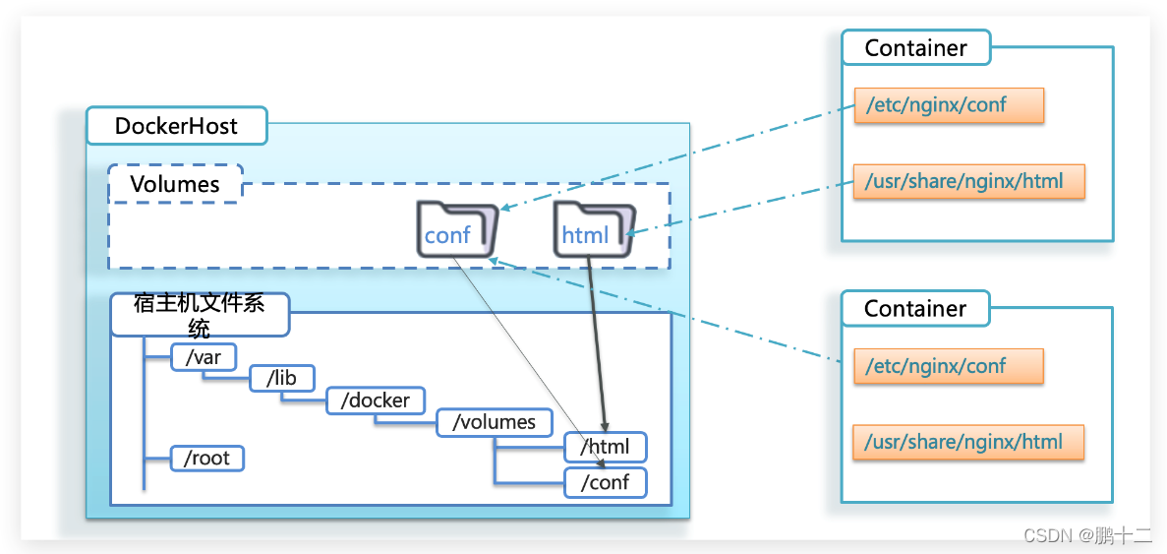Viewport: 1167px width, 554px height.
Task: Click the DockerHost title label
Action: (176, 126)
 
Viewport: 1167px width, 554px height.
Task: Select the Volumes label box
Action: (175, 184)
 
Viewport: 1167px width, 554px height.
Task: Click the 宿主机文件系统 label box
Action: (200, 315)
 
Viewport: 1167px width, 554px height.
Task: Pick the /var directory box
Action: (204, 357)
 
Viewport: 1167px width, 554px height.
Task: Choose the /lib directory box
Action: (282, 378)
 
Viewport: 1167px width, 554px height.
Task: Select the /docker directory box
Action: (376, 400)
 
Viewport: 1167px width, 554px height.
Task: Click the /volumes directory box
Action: (494, 422)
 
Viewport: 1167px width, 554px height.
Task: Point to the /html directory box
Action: (606, 448)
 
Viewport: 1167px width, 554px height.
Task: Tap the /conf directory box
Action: (606, 483)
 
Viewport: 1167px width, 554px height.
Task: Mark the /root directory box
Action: (206, 458)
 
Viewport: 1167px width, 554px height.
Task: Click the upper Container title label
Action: (915, 48)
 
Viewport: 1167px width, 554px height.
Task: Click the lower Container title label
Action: (915, 309)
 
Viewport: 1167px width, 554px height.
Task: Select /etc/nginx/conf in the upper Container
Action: (949, 104)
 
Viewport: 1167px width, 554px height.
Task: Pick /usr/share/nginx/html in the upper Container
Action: (968, 182)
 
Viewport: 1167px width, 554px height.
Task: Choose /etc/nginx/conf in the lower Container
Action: (949, 366)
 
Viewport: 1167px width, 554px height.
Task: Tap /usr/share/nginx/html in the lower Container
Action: (968, 442)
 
